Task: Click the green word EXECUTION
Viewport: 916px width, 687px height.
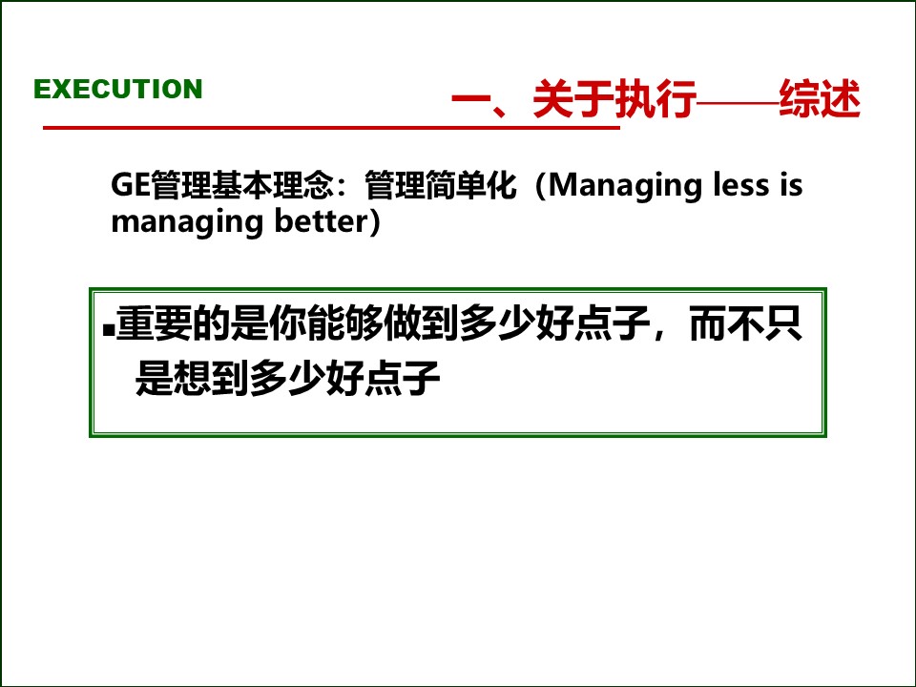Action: tap(118, 90)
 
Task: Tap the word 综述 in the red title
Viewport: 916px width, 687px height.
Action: tap(820, 100)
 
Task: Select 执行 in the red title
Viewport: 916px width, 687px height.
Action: tap(656, 100)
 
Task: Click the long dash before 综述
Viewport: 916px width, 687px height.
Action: tap(738, 101)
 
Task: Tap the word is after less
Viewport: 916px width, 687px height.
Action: tap(791, 185)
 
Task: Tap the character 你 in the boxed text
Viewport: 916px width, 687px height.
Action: tap(287, 326)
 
